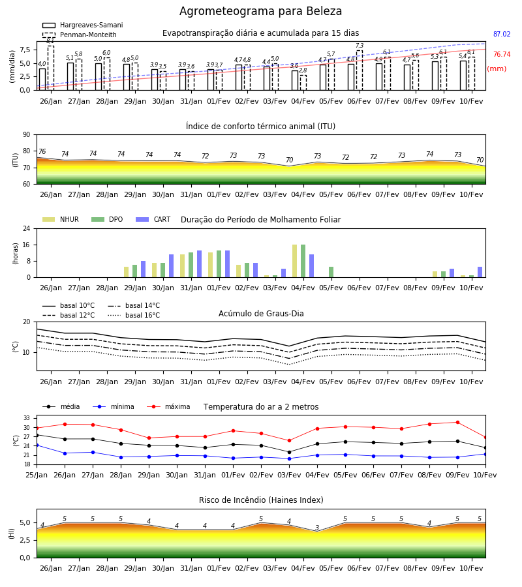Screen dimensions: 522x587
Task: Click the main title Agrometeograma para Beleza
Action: (260, 11)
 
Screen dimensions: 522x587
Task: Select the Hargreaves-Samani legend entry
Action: (83, 25)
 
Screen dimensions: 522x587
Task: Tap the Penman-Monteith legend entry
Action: (80, 35)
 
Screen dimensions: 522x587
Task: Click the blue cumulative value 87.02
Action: (502, 34)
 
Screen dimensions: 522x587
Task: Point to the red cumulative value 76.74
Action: (502, 54)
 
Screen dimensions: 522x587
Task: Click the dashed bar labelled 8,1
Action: (51, 68)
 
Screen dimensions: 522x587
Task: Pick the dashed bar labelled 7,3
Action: (360, 70)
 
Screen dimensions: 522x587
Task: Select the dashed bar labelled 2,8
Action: (303, 83)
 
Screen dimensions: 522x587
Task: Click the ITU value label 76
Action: (42, 151)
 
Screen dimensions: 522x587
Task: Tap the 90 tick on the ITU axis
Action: (27, 135)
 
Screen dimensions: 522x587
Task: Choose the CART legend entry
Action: (153, 219)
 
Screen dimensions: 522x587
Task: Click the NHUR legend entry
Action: (61, 219)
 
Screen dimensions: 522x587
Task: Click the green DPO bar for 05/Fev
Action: (331, 272)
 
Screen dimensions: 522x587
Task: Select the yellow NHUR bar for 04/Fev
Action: (295, 261)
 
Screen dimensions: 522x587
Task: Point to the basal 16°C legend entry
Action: (134, 315)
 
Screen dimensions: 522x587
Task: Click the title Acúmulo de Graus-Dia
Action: (261, 314)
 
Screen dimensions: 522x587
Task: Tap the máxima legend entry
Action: (168, 406)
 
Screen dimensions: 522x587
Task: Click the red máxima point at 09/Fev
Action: (457, 422)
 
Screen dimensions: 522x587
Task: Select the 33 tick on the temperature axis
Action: (27, 418)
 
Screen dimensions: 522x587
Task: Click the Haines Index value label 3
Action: (317, 528)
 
